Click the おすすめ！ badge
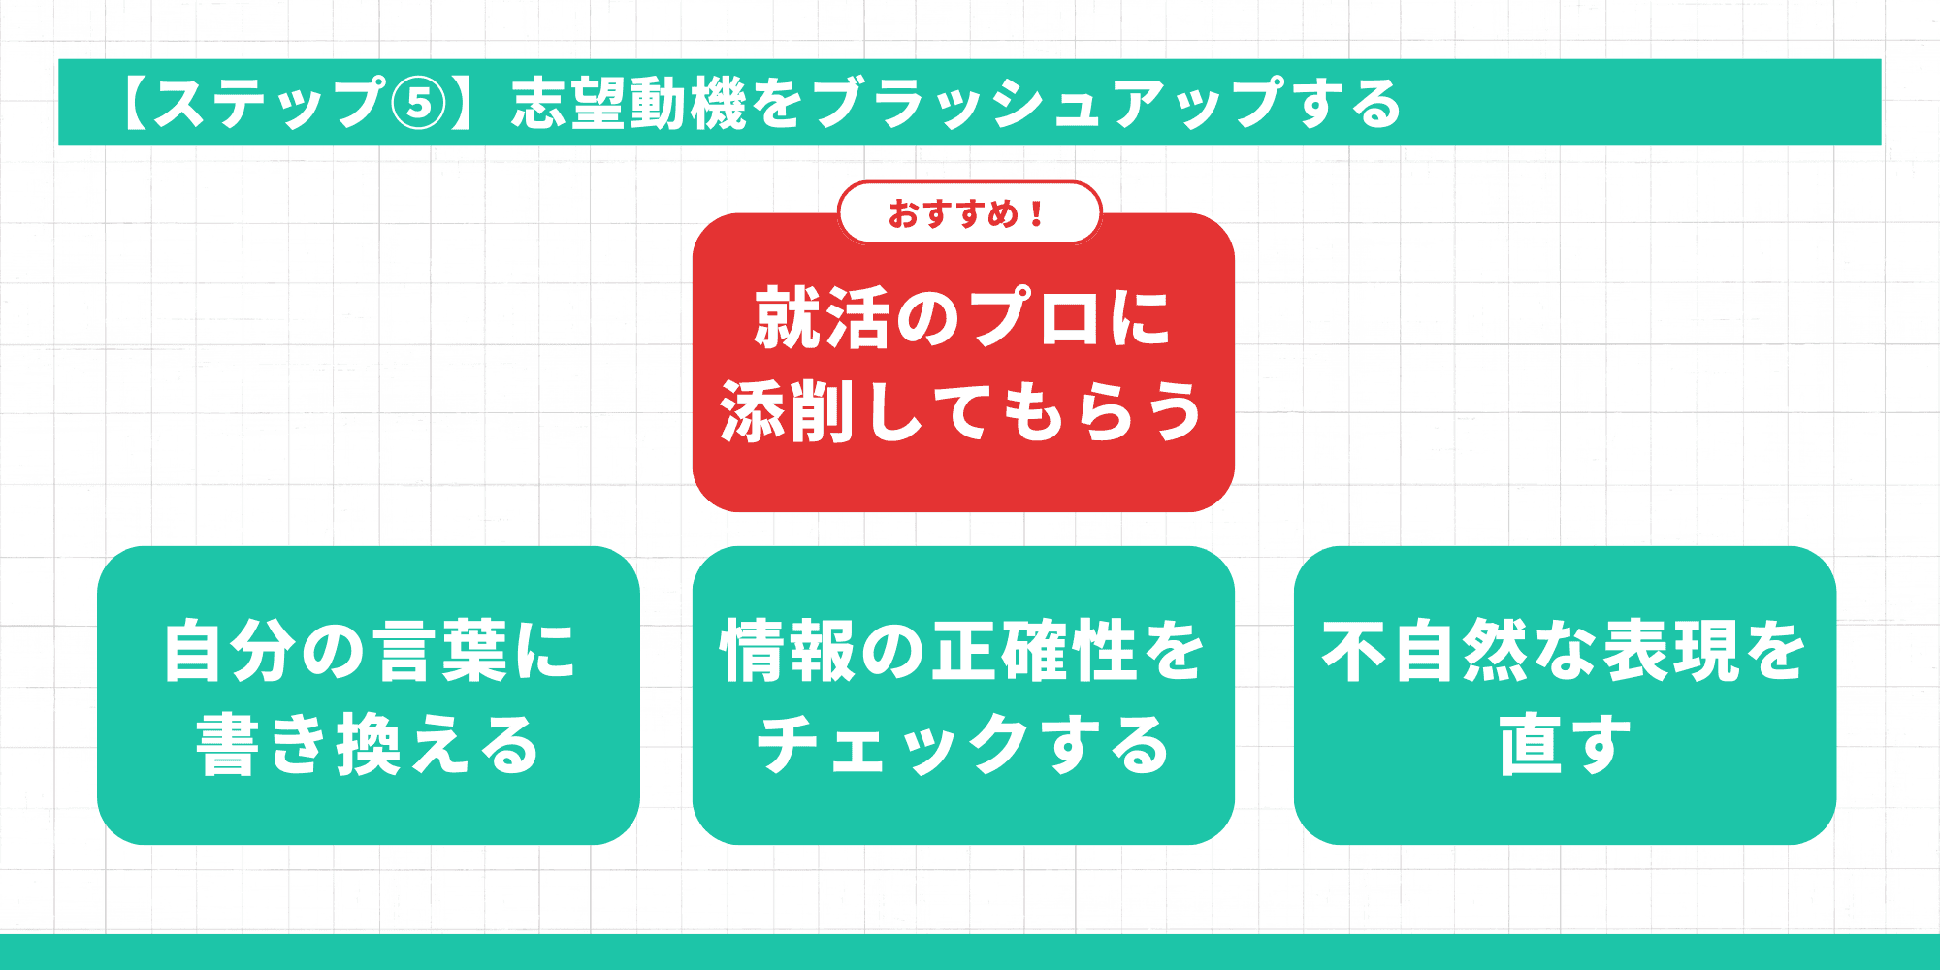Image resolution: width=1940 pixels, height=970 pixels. (969, 213)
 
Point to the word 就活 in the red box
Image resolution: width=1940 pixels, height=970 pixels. (822, 318)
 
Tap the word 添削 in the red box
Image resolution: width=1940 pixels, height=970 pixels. (786, 411)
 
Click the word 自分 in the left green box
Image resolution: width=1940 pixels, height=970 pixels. (229, 651)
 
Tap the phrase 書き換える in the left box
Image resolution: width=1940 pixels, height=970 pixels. (368, 745)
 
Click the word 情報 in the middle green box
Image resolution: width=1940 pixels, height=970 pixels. (787, 651)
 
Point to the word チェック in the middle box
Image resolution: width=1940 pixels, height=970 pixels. (892, 745)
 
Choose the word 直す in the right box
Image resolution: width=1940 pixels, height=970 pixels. (1565, 745)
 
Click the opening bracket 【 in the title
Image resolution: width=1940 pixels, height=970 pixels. (133, 103)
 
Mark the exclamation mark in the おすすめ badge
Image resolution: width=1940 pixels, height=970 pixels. (1038, 214)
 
